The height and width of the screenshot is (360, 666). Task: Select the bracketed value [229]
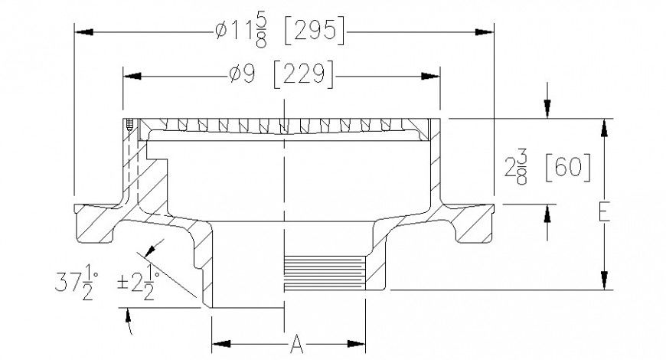(303, 75)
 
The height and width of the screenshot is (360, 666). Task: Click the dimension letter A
(297, 345)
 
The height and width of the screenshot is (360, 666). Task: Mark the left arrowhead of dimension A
(219, 342)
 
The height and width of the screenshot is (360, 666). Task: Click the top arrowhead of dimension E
(604, 126)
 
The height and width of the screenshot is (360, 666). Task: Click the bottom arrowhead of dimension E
(604, 282)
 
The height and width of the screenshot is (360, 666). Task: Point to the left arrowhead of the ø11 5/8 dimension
(83, 31)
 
